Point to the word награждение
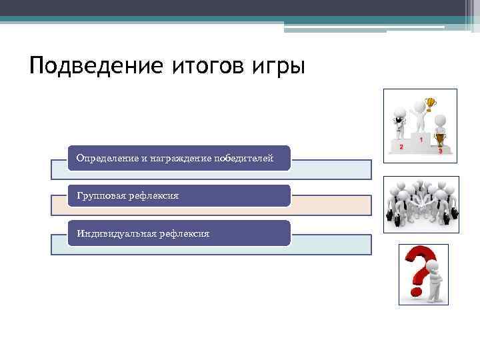click(x=179, y=158)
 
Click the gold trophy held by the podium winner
click(x=430, y=103)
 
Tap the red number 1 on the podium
click(x=421, y=140)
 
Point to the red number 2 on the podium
click(x=401, y=147)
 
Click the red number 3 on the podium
click(x=441, y=151)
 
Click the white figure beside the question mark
click(x=434, y=280)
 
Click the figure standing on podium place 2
click(x=399, y=123)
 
